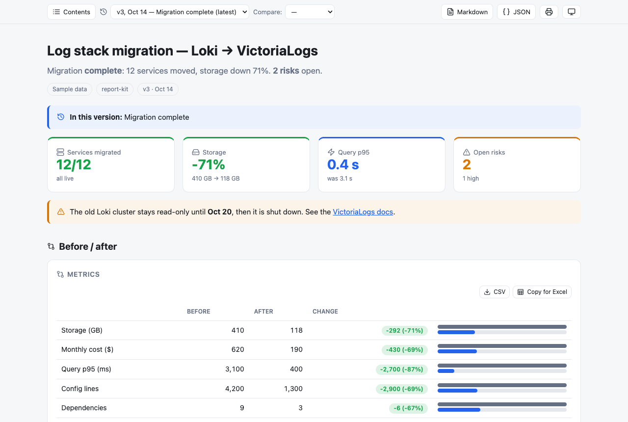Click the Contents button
pyautogui.click(x=71, y=12)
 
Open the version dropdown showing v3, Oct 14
pyautogui.click(x=180, y=12)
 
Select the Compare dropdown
pyautogui.click(x=310, y=12)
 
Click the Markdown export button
pyautogui.click(x=467, y=12)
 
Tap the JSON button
pyautogui.click(x=516, y=12)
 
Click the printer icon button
pyautogui.click(x=549, y=12)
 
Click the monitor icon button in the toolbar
pyautogui.click(x=572, y=12)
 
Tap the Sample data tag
pyautogui.click(x=70, y=89)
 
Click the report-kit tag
pyautogui.click(x=115, y=89)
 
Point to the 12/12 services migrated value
pyautogui.click(x=74, y=164)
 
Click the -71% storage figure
pyautogui.click(x=209, y=164)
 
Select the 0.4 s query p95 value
pyautogui.click(x=343, y=164)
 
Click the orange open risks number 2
pyautogui.click(x=467, y=164)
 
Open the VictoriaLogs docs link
pyautogui.click(x=363, y=211)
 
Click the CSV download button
pyautogui.click(x=495, y=292)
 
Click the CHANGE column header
pyautogui.click(x=325, y=311)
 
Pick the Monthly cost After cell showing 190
pyautogui.click(x=296, y=349)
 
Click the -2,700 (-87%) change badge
pyautogui.click(x=401, y=369)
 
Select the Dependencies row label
pyautogui.click(x=84, y=408)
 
